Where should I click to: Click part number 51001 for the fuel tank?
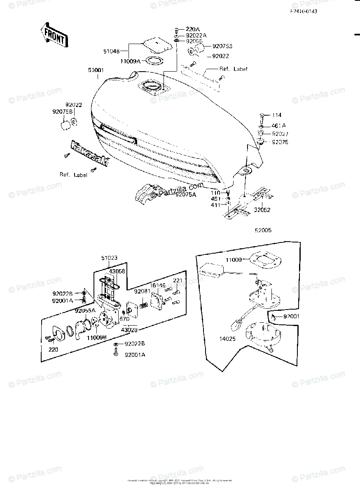point(96,70)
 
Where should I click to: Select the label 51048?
point(111,51)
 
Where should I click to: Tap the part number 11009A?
point(131,61)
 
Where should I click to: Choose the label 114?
point(276,115)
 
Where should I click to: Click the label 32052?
point(262,210)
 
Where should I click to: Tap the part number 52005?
point(263,231)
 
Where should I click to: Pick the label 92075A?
point(186,195)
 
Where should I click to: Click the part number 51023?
point(109,258)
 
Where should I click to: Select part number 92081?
point(141,291)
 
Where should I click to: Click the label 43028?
point(129,330)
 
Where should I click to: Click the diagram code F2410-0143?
point(303,11)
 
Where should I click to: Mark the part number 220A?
point(192,29)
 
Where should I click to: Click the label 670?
point(124,319)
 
